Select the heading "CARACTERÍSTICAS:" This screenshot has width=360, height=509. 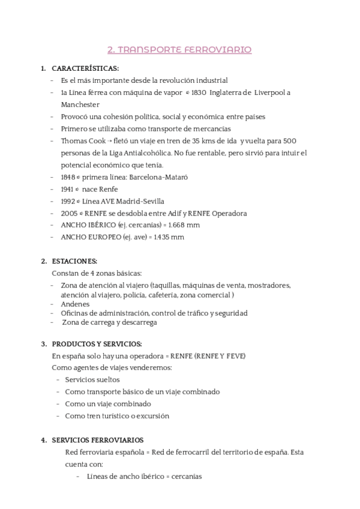85,68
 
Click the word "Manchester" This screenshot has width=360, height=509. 80,104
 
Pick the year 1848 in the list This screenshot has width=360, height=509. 68,177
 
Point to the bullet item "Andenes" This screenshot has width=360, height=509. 75,304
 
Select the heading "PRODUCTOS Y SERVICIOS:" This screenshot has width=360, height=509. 97,344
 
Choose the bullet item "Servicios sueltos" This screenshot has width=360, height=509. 92,379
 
